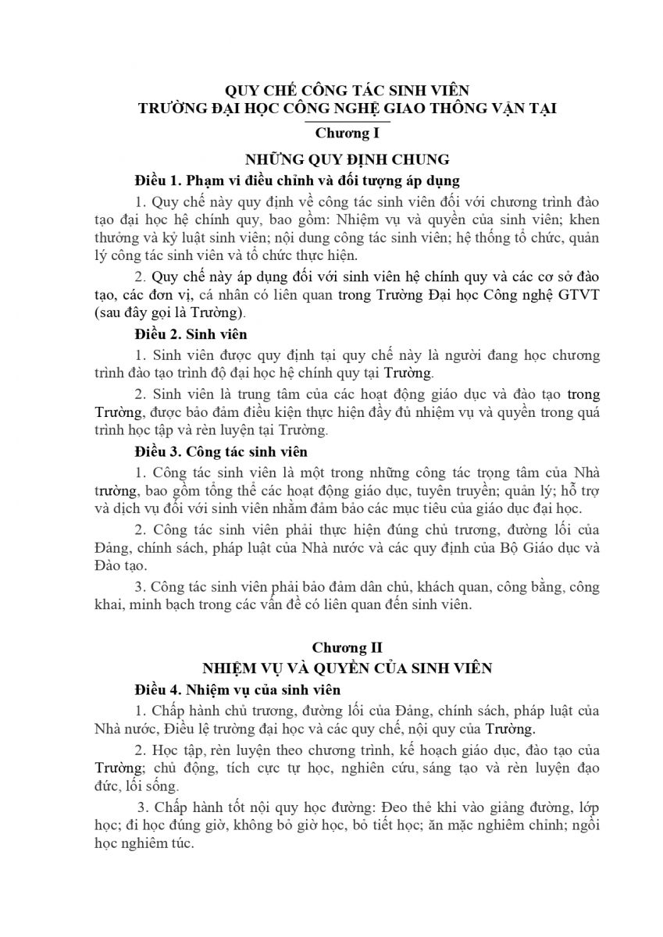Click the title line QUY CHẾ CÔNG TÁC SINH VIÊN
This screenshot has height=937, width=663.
[x=346, y=91]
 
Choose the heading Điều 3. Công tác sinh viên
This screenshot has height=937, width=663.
[x=221, y=451]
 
